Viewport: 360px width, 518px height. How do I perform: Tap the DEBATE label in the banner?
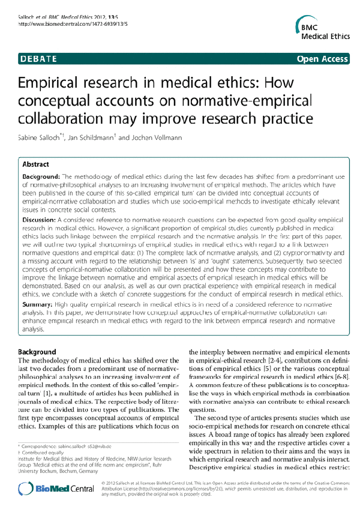[37, 59]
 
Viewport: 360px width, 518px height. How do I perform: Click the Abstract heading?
[36, 164]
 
